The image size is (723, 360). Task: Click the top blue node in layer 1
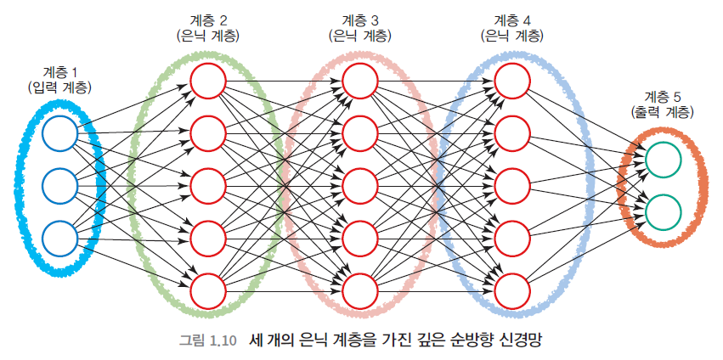click(x=59, y=133)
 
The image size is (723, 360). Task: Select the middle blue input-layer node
click(x=59, y=185)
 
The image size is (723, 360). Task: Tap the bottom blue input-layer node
click(x=59, y=238)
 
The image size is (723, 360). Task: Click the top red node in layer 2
click(x=207, y=81)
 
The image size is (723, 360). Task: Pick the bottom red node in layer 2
click(x=207, y=290)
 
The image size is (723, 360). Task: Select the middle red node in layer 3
click(x=359, y=185)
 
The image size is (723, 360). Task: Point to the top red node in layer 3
click(x=359, y=81)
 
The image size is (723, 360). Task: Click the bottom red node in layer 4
click(x=511, y=290)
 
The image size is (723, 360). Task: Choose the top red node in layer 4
click(x=511, y=81)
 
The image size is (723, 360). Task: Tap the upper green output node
click(x=663, y=159)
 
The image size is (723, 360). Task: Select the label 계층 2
click(x=207, y=20)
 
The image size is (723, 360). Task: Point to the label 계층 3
click(x=359, y=20)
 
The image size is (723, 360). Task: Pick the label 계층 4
click(x=511, y=20)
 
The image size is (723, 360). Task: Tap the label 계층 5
click(x=663, y=96)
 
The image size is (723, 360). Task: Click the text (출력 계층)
click(x=663, y=112)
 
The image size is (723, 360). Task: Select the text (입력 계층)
click(x=59, y=87)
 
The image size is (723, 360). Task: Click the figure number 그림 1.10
click(x=208, y=340)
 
